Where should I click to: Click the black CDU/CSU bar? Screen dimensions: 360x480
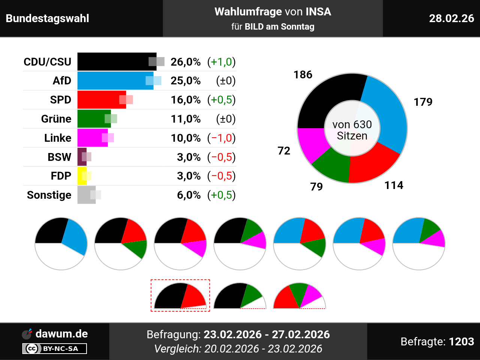(x=112, y=61)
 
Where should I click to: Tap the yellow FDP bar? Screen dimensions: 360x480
(x=81, y=176)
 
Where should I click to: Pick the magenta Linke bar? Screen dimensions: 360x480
(x=90, y=138)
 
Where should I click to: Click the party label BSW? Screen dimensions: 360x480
(x=59, y=157)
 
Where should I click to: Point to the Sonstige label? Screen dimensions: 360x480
(x=49, y=195)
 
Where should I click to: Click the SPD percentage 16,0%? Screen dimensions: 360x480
(x=186, y=100)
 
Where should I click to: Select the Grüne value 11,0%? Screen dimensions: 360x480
(x=186, y=119)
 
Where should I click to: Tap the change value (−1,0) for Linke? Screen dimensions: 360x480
(x=221, y=138)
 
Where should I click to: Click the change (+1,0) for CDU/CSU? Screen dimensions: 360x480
(x=221, y=62)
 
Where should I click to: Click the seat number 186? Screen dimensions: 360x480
(x=303, y=75)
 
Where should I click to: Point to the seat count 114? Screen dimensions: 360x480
(x=394, y=185)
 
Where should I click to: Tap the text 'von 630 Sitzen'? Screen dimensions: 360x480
(x=352, y=130)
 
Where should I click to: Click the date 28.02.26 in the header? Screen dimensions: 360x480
(x=451, y=18)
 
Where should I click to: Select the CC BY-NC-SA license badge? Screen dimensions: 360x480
(x=55, y=349)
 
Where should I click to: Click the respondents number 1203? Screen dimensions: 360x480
(x=461, y=342)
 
